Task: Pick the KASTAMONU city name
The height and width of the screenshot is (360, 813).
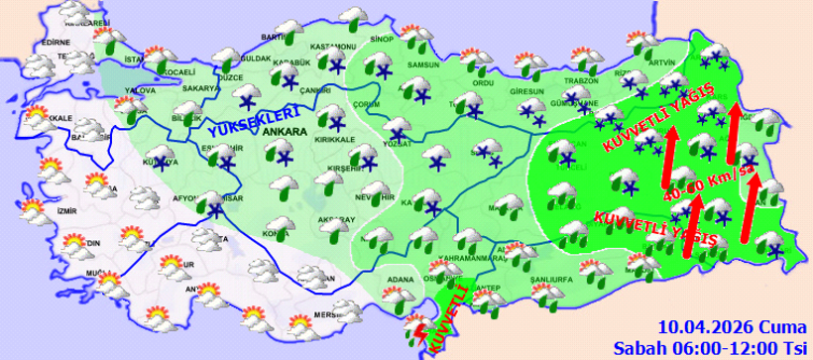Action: click(x=332, y=47)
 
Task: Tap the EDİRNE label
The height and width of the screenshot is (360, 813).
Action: click(x=55, y=42)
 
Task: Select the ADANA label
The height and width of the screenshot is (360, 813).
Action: click(x=399, y=280)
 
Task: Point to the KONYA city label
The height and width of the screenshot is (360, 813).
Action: click(x=276, y=234)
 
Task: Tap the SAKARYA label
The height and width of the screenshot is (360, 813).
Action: click(x=200, y=87)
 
